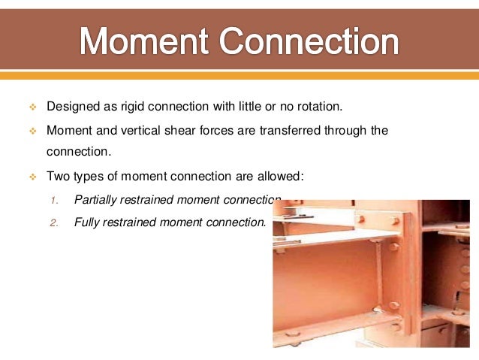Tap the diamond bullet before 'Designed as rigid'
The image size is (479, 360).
[x=33, y=107]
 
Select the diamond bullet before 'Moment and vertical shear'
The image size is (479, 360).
[x=33, y=132]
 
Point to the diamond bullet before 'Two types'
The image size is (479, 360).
[x=33, y=177]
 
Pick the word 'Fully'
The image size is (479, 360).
[x=89, y=222]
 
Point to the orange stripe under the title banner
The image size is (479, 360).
[x=239, y=75]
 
